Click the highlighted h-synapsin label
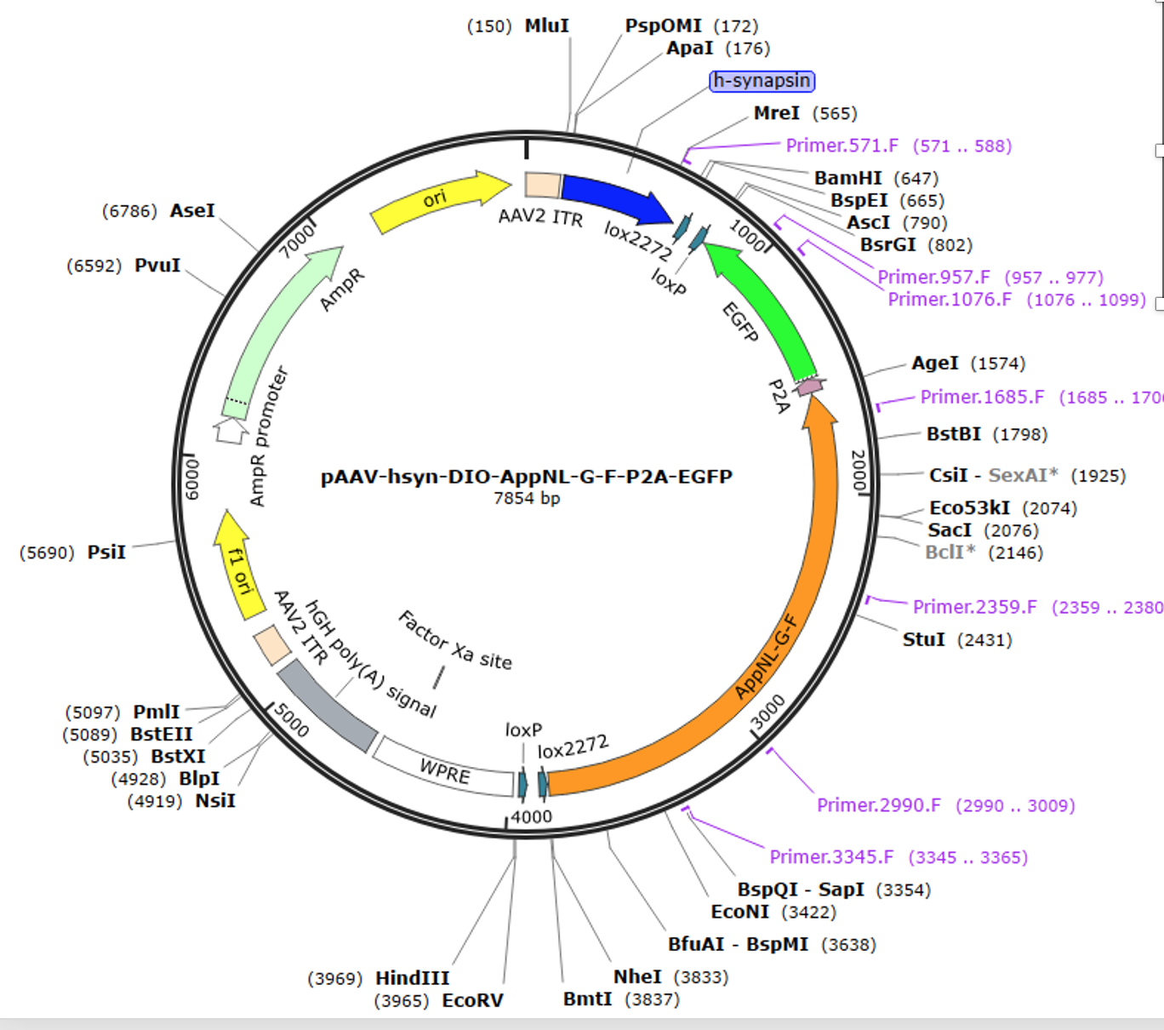(762, 81)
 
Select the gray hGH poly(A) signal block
(328, 705)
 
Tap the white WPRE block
(444, 767)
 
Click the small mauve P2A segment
(809, 387)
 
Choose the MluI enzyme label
(546, 26)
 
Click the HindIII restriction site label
(413, 978)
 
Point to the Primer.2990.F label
(879, 805)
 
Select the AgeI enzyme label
(935, 363)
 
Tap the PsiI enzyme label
(106, 552)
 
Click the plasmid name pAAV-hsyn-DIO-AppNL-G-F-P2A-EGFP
(526, 477)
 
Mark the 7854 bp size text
(527, 498)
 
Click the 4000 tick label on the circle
(531, 817)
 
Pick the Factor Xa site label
(455, 640)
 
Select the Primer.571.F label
(842, 146)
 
